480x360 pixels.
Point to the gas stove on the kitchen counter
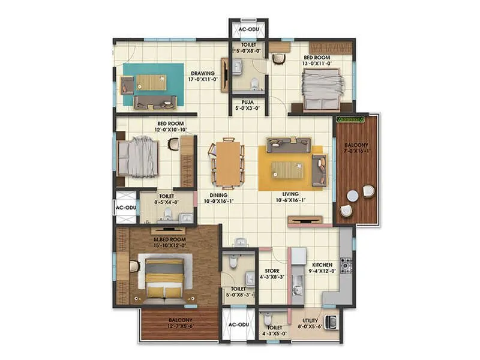tap(346, 265)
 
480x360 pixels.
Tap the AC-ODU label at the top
tap(248, 29)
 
